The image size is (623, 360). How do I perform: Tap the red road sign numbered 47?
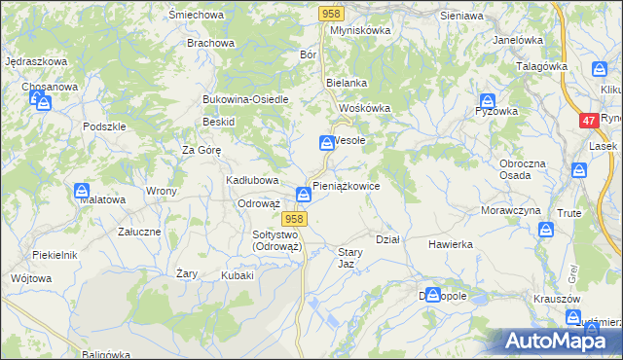click(x=588, y=121)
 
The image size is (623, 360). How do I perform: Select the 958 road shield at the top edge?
click(x=331, y=13)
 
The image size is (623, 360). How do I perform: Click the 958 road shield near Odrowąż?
click(x=296, y=219)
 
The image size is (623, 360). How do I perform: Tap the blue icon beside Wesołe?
click(x=326, y=143)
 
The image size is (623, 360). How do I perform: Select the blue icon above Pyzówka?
click(x=489, y=99)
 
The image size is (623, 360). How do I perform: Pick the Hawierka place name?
click(x=450, y=244)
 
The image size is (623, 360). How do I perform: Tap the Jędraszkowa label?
click(x=35, y=61)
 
